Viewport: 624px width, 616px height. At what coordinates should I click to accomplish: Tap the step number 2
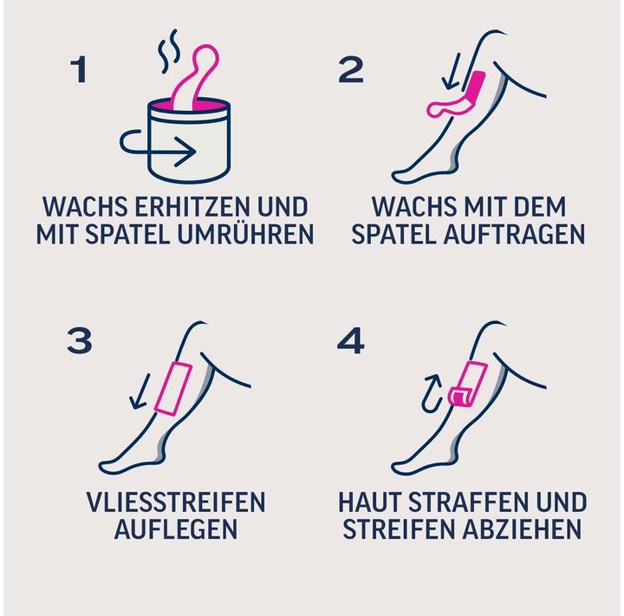(351, 69)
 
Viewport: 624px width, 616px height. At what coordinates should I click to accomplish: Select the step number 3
(80, 340)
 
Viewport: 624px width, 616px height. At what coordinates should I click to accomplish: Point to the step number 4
(351, 340)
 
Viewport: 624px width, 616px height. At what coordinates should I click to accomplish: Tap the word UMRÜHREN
(245, 234)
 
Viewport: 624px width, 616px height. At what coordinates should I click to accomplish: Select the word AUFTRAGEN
(513, 234)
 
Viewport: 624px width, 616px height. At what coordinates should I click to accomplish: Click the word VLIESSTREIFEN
(175, 503)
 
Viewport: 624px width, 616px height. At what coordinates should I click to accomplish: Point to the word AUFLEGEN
(175, 528)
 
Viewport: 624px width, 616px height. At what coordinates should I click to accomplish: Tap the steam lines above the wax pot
(168, 51)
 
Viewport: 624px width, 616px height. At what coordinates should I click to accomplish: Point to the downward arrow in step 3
(140, 391)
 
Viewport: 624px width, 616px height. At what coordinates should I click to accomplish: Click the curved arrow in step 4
(432, 393)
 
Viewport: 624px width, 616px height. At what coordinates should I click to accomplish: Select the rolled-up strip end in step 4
(460, 398)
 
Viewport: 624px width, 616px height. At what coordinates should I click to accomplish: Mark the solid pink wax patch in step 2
(475, 88)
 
